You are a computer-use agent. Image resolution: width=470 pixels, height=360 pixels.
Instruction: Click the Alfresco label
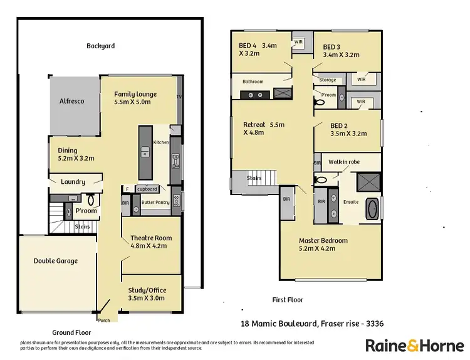71,101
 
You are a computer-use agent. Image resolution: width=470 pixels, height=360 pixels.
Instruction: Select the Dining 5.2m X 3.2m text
76,154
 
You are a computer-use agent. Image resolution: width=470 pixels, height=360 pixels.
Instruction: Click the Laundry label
73,183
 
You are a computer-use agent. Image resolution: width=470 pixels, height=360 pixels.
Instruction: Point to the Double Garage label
56,261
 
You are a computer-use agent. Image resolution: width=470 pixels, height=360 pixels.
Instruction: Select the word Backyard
100,46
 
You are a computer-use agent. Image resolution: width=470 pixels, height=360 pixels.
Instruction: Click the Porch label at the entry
103,320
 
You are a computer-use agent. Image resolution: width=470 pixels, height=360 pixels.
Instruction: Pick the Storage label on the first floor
327,80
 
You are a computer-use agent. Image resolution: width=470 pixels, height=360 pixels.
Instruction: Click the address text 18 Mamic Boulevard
278,324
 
